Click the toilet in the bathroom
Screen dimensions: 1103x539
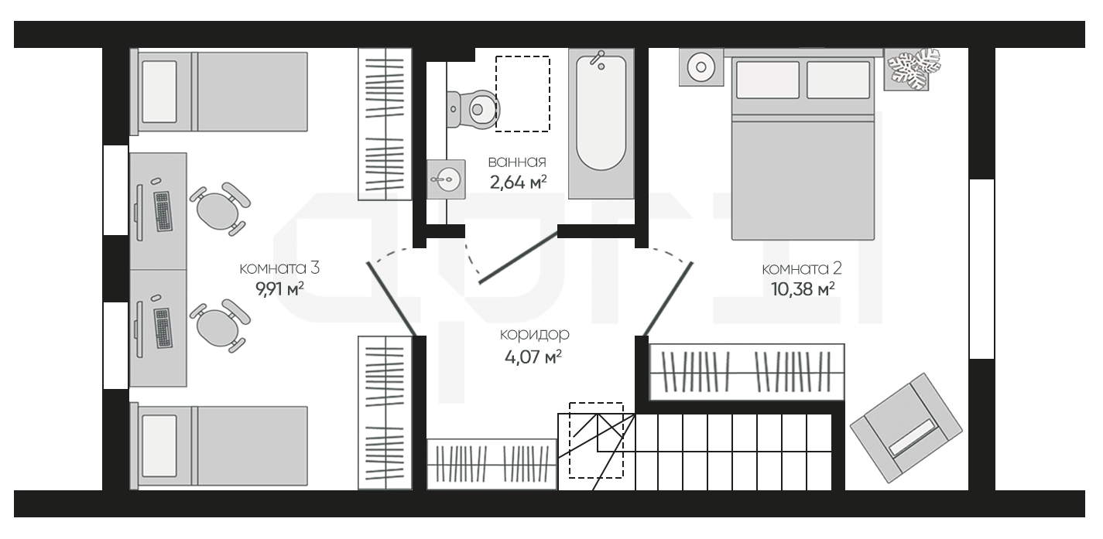[473, 109]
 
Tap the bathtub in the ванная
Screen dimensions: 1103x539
[601, 124]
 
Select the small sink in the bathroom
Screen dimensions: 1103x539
[446, 179]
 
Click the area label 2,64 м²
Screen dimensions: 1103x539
[518, 183]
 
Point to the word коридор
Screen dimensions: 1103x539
[534, 334]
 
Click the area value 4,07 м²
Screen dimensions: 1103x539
[533, 356]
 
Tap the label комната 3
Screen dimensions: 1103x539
[279, 268]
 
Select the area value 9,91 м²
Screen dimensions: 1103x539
[279, 289]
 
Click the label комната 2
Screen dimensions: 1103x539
[802, 269]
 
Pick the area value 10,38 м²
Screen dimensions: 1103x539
[803, 289]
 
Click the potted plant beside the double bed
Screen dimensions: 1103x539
[913, 69]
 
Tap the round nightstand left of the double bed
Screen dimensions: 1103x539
[701, 67]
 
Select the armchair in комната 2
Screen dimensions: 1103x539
[906, 428]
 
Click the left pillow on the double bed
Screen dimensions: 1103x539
[768, 80]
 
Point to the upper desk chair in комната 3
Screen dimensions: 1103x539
[220, 209]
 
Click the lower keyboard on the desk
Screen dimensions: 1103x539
[163, 328]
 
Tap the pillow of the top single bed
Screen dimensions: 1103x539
[159, 91]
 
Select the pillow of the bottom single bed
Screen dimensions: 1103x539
[159, 446]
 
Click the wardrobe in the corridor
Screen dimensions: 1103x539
[492, 464]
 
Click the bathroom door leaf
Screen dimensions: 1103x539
[519, 258]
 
